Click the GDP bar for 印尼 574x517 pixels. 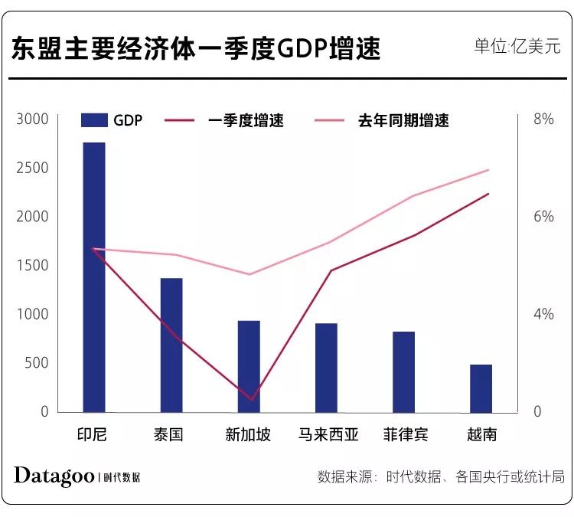[x=93, y=277]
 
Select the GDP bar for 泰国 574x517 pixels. [x=171, y=345]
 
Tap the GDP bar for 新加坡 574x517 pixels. [x=249, y=366]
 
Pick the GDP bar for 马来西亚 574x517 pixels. [x=327, y=368]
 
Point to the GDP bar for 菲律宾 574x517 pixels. [x=403, y=371]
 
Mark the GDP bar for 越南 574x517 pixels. [x=481, y=388]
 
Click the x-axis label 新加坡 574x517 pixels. [x=248, y=435]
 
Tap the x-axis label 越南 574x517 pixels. [x=481, y=435]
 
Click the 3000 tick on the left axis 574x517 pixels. [x=33, y=119]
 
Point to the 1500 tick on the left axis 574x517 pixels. [x=33, y=266]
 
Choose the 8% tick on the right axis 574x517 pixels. [x=543, y=119]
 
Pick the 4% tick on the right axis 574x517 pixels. [x=543, y=314]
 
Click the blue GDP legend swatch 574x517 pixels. [x=93, y=120]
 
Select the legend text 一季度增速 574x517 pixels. [x=246, y=120]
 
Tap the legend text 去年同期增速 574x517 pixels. [x=403, y=120]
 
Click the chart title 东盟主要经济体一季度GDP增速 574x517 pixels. [x=195, y=49]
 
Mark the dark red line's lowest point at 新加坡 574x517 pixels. [x=249, y=399]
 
